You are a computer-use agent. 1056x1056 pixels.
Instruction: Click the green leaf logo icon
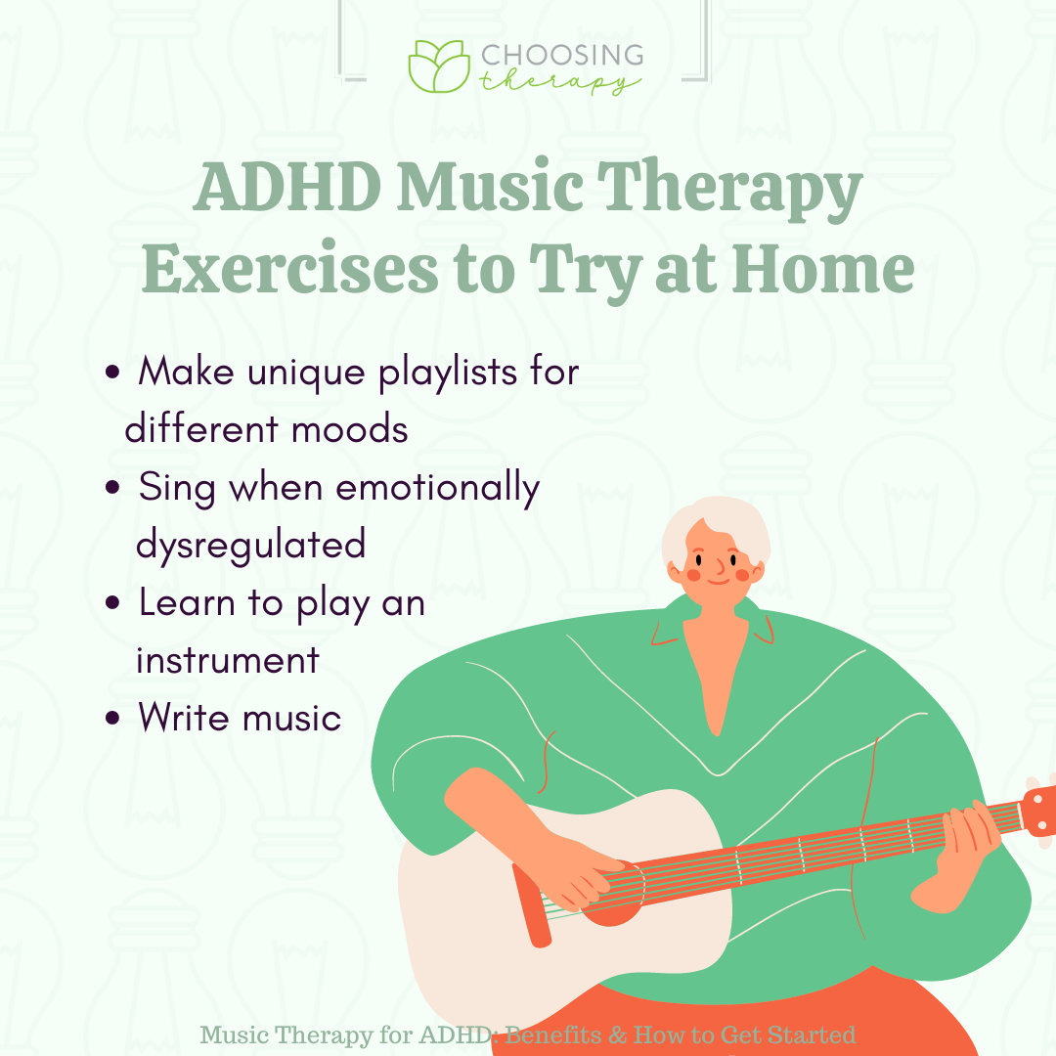[x=439, y=66]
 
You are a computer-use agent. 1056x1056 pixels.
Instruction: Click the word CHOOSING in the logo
[x=562, y=55]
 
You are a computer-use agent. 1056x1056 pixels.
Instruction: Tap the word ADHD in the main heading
[x=287, y=187]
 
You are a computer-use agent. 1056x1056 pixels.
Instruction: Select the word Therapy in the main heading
[x=729, y=190]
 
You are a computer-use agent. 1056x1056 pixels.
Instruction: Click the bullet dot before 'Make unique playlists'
[x=112, y=372]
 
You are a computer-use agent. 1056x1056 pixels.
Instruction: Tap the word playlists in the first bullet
[x=447, y=374]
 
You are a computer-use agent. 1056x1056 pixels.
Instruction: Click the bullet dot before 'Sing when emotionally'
[x=112, y=487]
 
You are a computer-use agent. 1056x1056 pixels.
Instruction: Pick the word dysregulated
[x=250, y=546]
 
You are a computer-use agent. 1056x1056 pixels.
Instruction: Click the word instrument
[x=228, y=660]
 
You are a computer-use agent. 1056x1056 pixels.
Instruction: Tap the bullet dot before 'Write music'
[x=112, y=718]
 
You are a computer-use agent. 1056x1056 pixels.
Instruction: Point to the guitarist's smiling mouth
[x=718, y=581]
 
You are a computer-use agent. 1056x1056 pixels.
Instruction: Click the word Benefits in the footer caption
[x=552, y=1034]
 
